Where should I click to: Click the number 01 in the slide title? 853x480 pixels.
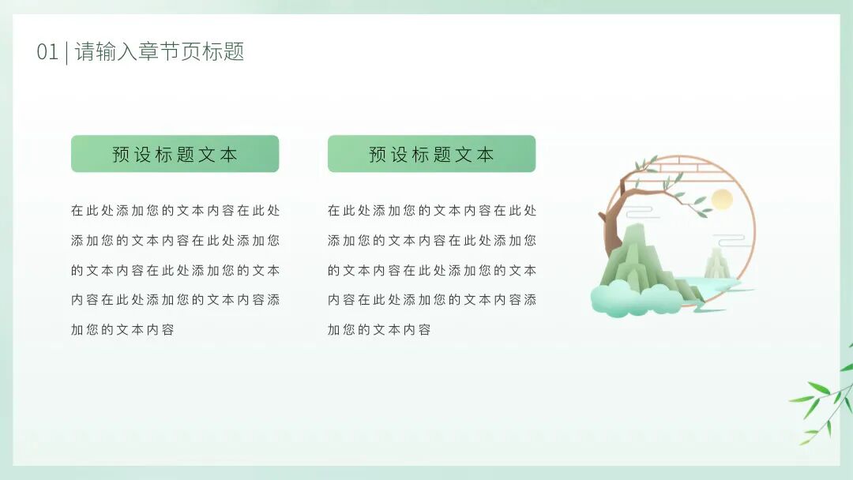point(47,53)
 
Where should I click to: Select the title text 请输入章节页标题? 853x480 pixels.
point(160,52)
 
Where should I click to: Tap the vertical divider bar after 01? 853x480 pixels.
point(66,52)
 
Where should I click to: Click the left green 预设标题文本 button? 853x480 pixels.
point(175,154)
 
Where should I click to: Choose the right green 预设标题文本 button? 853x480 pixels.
point(431,154)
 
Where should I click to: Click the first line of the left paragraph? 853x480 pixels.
point(175,211)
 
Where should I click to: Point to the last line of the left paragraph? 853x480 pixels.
point(122,330)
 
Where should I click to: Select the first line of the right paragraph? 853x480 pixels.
point(431,211)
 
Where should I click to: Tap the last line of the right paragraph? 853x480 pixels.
point(379,330)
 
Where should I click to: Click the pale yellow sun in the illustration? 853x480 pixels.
point(722,200)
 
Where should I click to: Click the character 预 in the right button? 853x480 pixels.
point(378,155)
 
